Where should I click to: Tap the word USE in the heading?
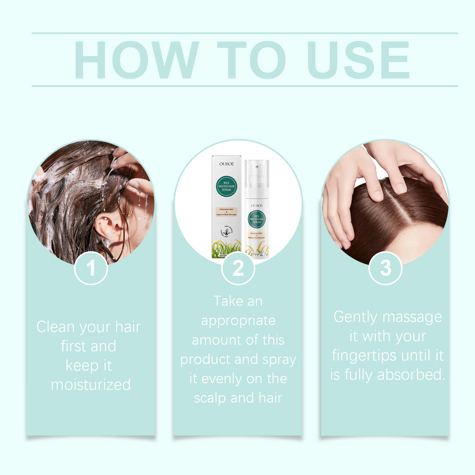click(359, 60)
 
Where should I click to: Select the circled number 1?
click(91, 268)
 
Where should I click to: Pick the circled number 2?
click(238, 268)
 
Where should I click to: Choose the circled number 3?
click(385, 268)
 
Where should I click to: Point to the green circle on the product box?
click(226, 186)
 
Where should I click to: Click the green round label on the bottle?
click(257, 219)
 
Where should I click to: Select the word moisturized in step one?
click(91, 385)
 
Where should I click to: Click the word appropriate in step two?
click(238, 321)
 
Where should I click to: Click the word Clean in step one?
click(56, 327)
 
